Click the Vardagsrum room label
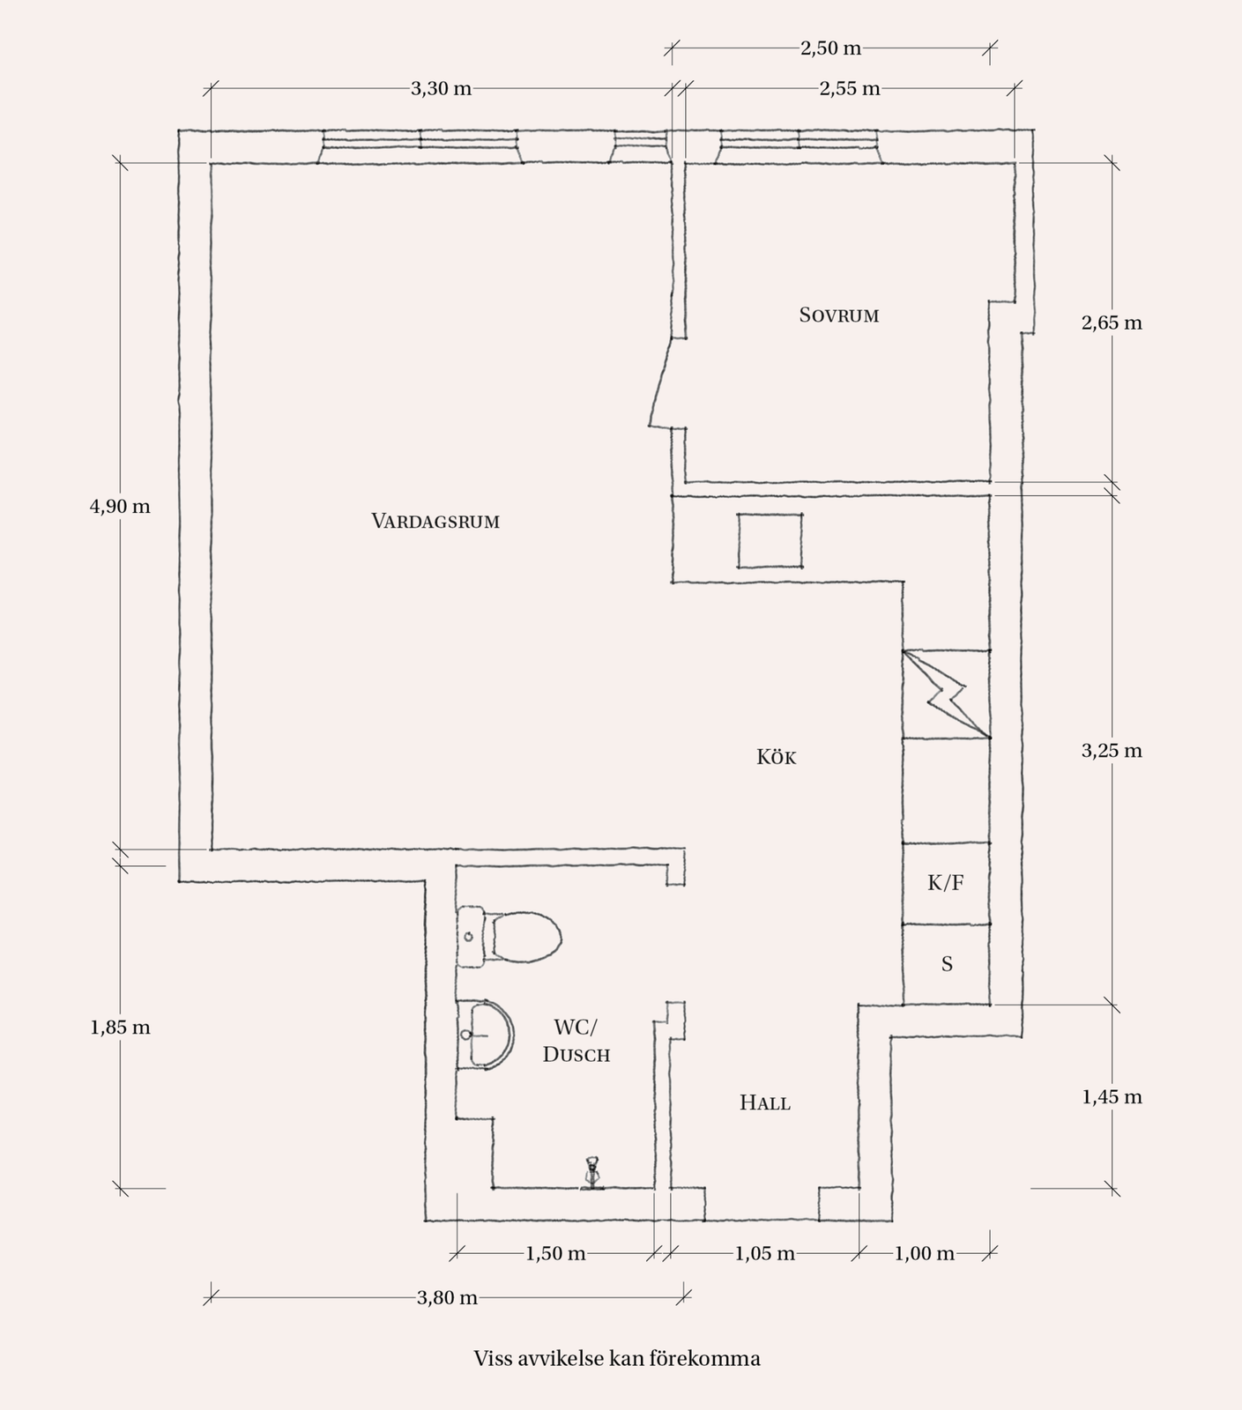point(435,521)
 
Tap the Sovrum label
point(839,315)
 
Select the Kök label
point(777,757)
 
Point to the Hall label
point(765,1102)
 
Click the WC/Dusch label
point(576,1041)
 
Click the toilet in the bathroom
point(509,937)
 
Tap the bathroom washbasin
point(485,1035)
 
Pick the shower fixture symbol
point(592,1173)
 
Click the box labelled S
point(947,964)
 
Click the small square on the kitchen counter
point(770,541)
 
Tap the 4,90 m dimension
point(120,507)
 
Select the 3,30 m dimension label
point(442,88)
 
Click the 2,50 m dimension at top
point(830,48)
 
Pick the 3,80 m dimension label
point(447,1297)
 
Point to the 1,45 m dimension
point(1112,1097)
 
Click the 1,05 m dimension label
point(765,1253)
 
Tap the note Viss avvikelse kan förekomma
point(617,1358)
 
